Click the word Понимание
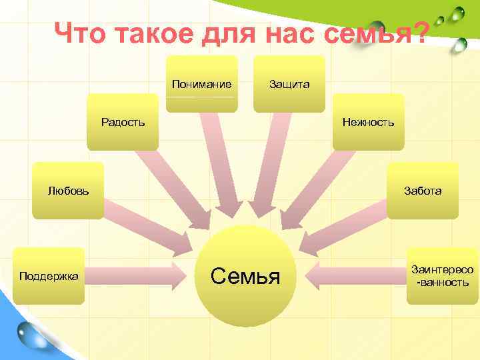tap(201, 84)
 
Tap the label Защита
tap(289, 85)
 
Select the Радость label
tap(123, 122)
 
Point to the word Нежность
tap(368, 122)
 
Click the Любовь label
tap(68, 191)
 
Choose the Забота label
tap(422, 191)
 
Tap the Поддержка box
tap(49, 275)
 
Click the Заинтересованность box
tap(443, 276)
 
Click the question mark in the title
tap(420, 32)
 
